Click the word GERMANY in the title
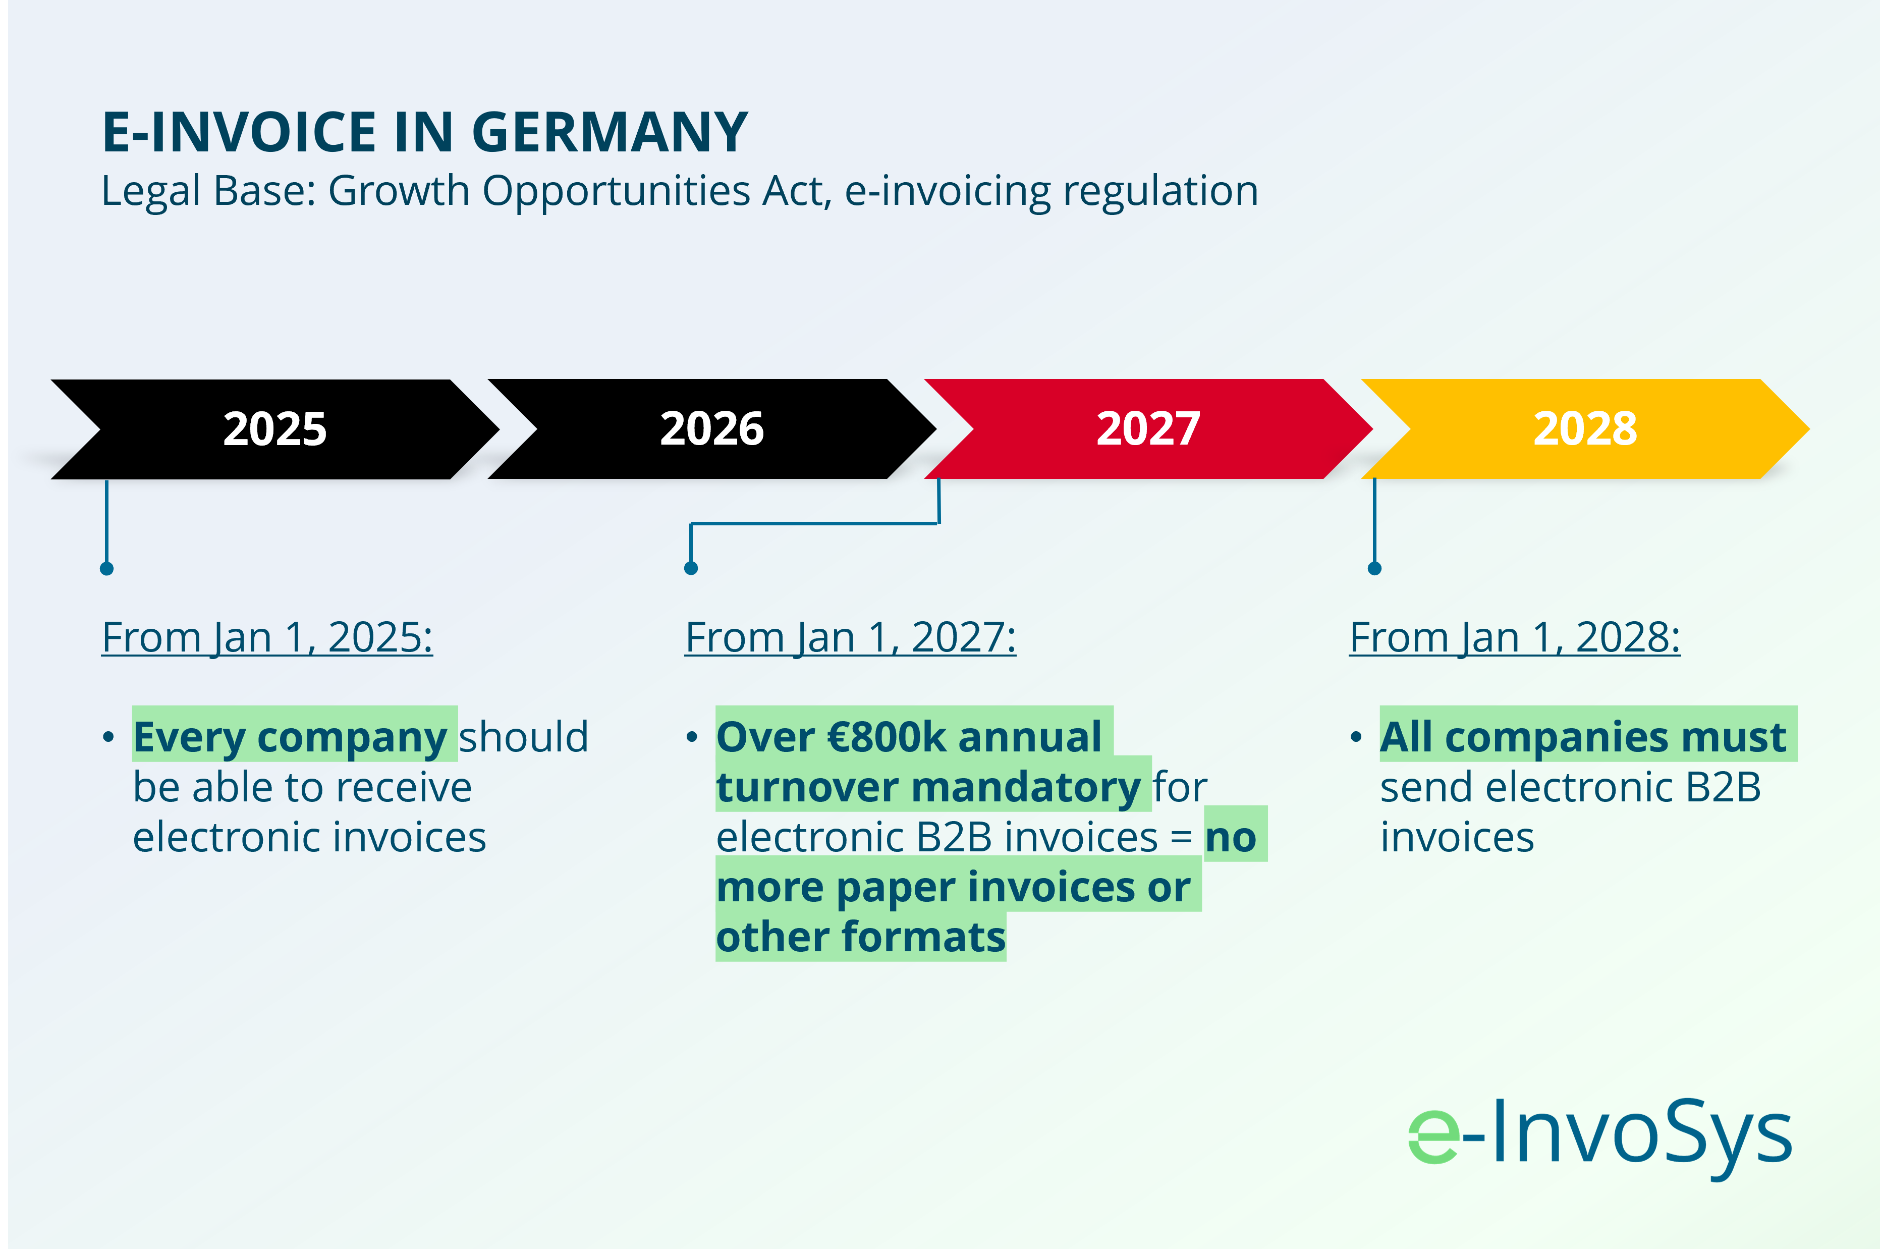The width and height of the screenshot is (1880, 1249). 610,132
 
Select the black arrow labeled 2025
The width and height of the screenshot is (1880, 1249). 274,429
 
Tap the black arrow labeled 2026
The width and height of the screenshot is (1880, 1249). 712,429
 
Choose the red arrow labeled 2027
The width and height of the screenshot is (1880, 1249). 1148,429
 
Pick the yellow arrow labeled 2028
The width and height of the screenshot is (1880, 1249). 1585,429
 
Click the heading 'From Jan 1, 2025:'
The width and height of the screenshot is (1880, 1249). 267,638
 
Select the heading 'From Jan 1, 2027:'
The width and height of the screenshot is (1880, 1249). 850,638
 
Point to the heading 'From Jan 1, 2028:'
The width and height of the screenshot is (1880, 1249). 1515,638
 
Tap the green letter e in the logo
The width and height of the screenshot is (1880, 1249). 1434,1136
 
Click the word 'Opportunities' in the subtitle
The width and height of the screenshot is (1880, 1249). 616,192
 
